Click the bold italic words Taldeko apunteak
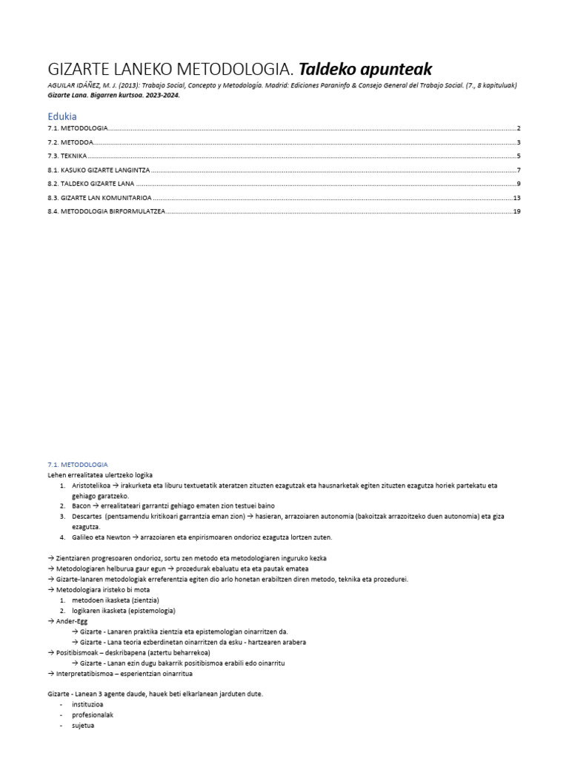(x=365, y=70)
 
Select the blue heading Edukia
(x=61, y=116)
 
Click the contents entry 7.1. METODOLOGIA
(x=77, y=129)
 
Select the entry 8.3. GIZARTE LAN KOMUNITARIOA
(x=99, y=198)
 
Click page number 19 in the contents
(x=517, y=211)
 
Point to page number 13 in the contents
(x=517, y=198)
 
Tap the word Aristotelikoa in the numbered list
(x=94, y=485)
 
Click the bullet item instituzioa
(x=90, y=704)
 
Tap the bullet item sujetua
(x=83, y=726)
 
